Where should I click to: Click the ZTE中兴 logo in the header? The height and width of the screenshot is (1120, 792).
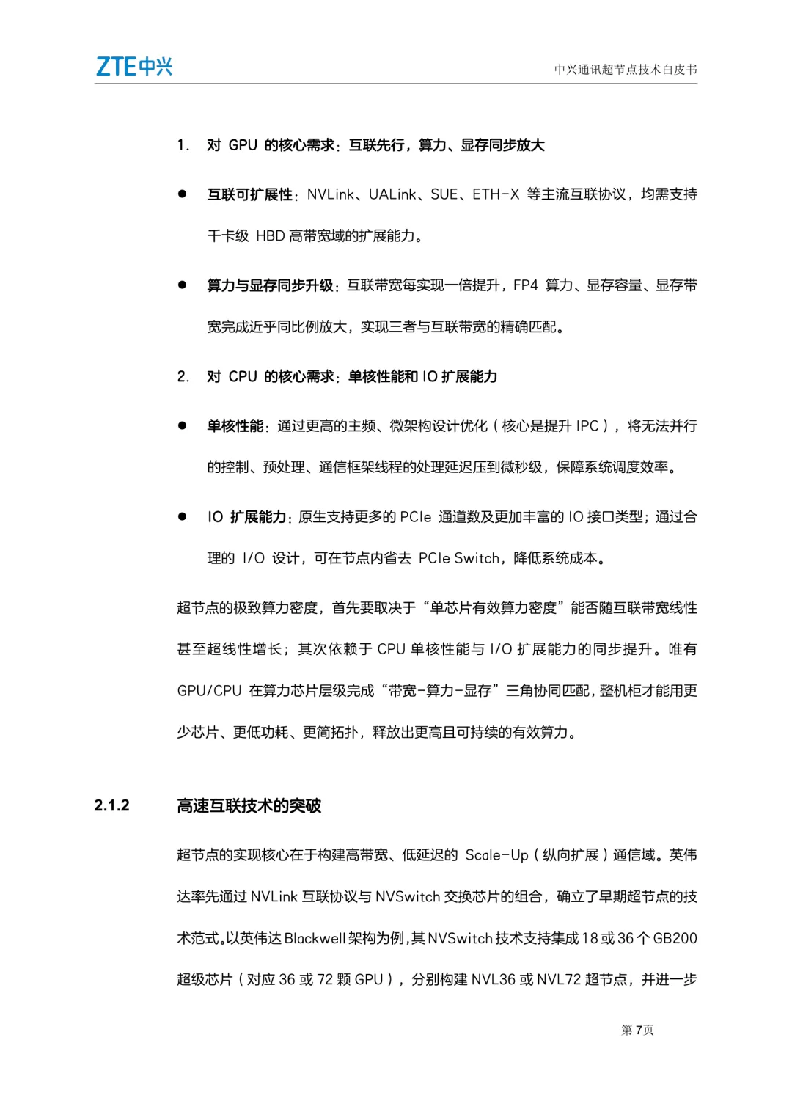click(134, 67)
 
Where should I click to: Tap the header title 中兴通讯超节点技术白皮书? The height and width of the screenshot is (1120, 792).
click(625, 70)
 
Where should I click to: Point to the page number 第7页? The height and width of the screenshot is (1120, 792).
click(637, 1030)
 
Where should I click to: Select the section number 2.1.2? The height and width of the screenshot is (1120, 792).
click(111, 805)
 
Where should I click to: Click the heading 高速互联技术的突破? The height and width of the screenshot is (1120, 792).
click(249, 806)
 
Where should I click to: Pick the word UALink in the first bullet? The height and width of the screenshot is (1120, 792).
click(392, 194)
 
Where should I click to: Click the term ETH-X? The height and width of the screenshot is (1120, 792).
click(496, 194)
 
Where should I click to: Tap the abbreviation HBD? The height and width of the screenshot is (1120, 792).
click(270, 236)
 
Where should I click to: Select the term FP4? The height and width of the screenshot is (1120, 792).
click(526, 285)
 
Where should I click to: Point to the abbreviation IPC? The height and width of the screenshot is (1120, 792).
click(587, 426)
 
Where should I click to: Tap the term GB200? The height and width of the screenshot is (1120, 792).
click(675, 938)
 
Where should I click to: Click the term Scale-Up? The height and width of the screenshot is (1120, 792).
click(496, 855)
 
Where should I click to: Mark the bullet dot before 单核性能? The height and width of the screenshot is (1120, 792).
click(182, 425)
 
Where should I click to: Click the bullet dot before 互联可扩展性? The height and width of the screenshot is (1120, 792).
click(182, 194)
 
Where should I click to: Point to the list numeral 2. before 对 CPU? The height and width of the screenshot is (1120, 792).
click(183, 377)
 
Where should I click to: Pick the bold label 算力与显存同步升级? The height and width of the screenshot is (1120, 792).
click(270, 285)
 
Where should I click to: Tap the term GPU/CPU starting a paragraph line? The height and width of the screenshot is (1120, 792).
click(209, 691)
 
